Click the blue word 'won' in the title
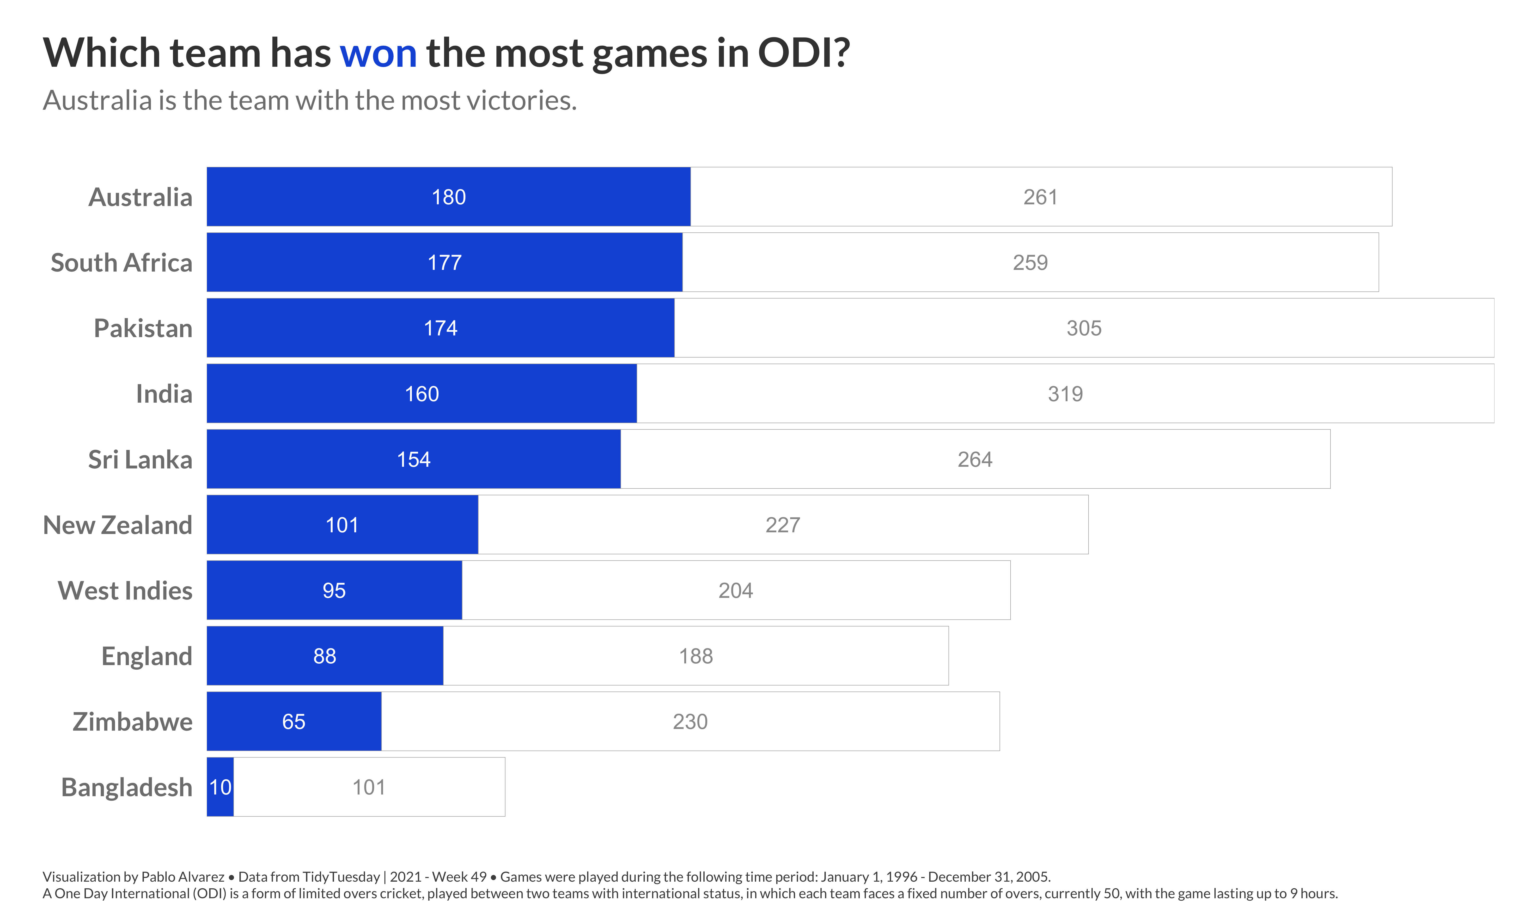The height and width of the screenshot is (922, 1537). (378, 54)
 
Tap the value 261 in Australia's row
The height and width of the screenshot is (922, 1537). (1040, 197)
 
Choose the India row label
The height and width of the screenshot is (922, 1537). (164, 394)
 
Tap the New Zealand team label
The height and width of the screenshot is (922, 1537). (117, 525)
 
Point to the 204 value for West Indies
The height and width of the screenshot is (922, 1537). (736, 590)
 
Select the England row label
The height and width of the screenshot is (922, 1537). (147, 656)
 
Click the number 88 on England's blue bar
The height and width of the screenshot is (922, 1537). (324, 656)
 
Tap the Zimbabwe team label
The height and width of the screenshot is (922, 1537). (132, 721)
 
